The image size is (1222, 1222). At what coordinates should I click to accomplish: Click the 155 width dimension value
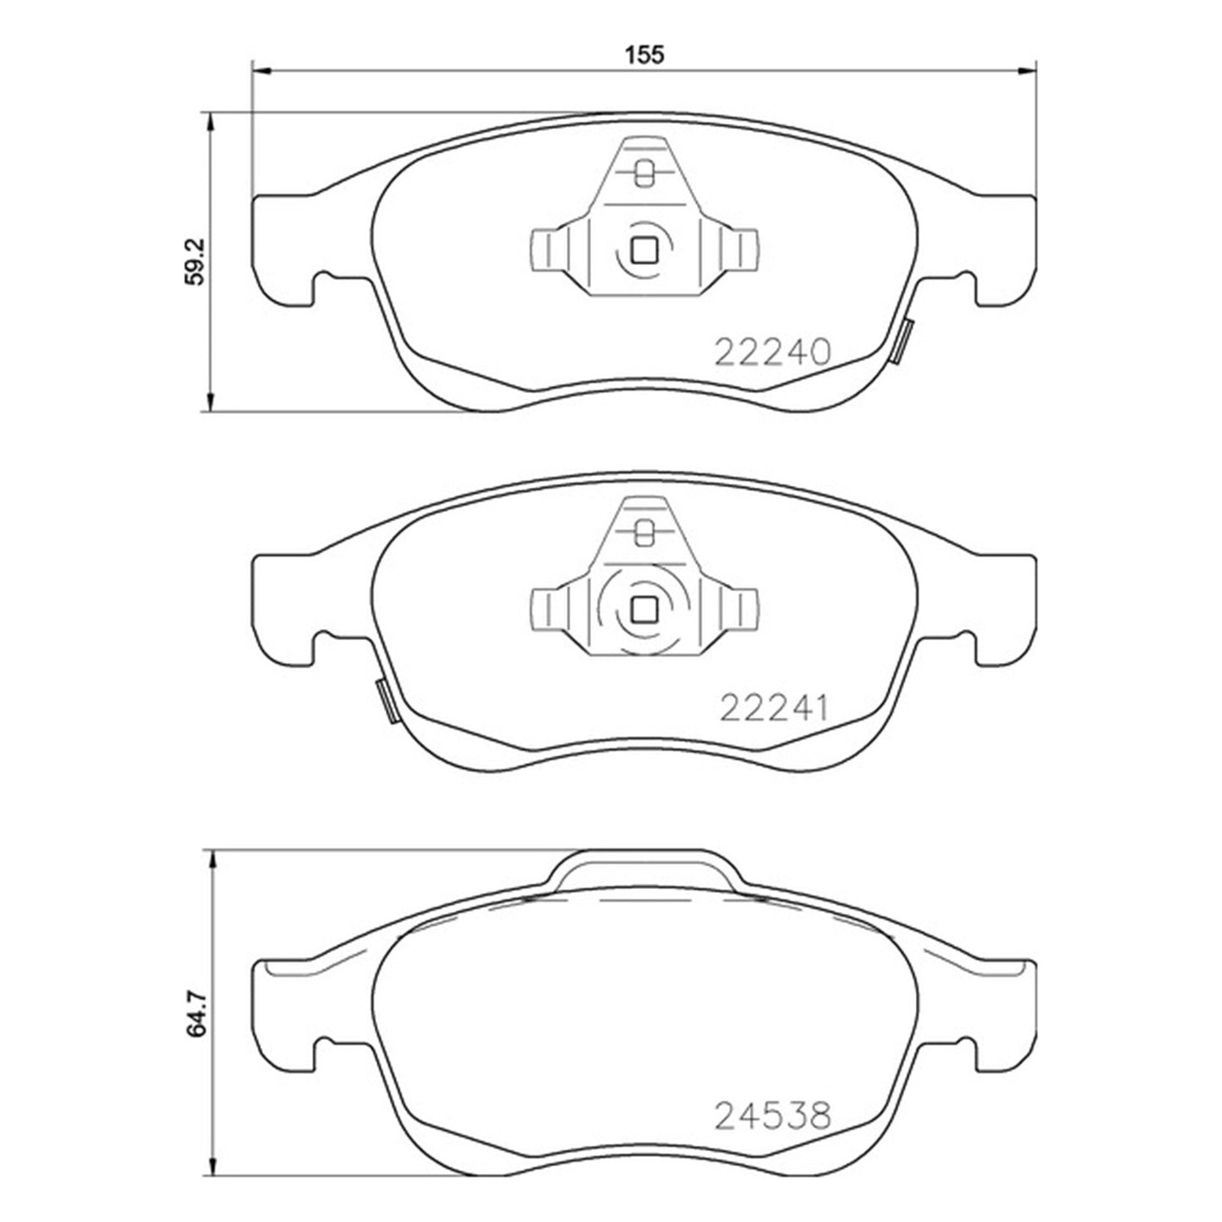pos(644,54)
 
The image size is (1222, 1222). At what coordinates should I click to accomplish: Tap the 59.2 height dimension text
pos(195,261)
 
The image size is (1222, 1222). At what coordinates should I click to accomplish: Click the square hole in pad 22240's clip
pos(645,249)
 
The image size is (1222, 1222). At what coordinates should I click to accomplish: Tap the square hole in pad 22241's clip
pos(645,609)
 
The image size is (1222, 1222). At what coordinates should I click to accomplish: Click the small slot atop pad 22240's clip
pos(644,173)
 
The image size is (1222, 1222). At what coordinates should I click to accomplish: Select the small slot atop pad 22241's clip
pos(644,531)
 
